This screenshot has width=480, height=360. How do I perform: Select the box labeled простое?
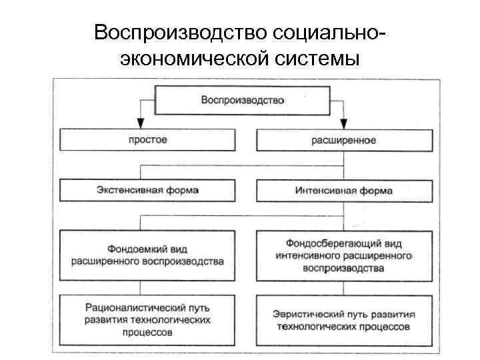click(148, 140)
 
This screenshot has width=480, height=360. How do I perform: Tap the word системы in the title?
click(314, 59)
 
